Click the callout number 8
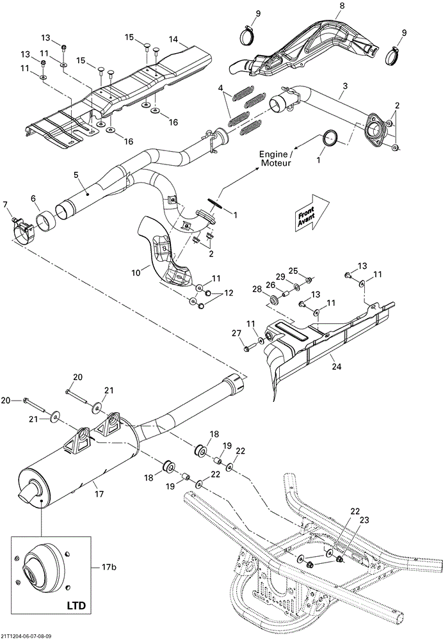click(341, 6)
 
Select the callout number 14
click(173, 39)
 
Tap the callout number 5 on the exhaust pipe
click(76, 174)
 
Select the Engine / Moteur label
click(275, 159)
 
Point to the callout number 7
click(5, 205)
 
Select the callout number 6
click(33, 199)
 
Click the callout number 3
click(345, 86)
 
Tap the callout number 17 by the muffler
click(99, 493)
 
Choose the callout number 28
click(257, 289)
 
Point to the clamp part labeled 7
click(23, 228)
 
